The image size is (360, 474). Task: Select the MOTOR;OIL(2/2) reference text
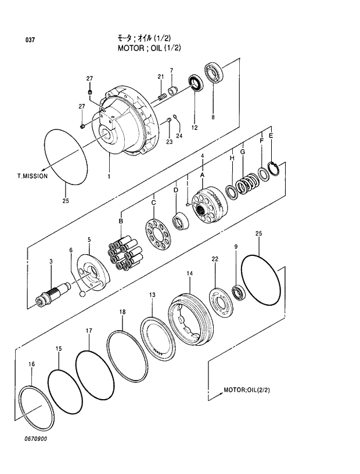tap(247, 390)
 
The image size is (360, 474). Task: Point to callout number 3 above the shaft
tap(51, 262)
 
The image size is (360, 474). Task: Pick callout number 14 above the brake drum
tap(189, 273)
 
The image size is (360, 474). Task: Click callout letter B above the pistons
tap(121, 221)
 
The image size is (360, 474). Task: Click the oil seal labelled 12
tap(195, 84)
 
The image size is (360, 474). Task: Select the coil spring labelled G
tap(247, 184)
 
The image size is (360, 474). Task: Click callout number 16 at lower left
tap(32, 364)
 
